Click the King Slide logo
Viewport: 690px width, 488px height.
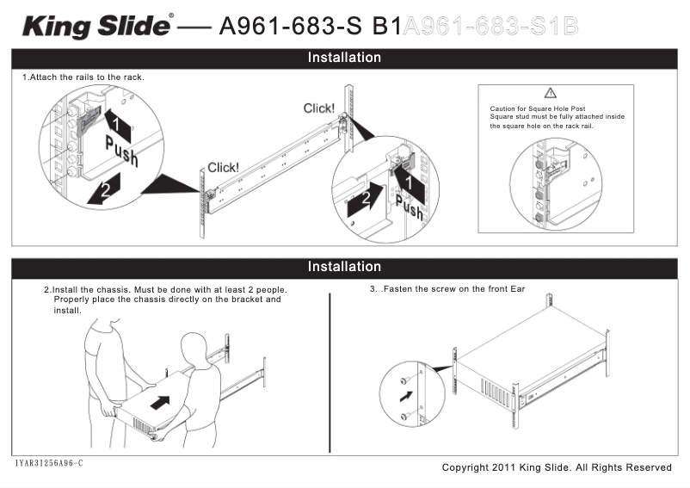(97, 26)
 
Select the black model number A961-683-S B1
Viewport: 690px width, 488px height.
(311, 27)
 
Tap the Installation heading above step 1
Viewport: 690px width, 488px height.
(344, 58)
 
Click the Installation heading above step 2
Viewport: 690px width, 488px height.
(344, 267)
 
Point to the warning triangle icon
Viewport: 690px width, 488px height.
(551, 93)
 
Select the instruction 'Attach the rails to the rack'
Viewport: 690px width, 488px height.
(83, 77)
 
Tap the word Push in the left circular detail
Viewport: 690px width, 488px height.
(121, 151)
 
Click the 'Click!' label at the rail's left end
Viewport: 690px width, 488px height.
(224, 168)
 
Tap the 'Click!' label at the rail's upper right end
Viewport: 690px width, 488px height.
(319, 108)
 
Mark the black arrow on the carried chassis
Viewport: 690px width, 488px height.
(159, 402)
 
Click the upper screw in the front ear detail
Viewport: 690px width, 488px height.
(404, 380)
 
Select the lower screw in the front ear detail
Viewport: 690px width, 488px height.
(404, 417)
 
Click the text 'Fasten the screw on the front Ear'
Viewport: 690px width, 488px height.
(450, 289)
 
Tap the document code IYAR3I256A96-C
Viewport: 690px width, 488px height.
(48, 464)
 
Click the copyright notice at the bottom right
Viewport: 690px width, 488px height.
(556, 467)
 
